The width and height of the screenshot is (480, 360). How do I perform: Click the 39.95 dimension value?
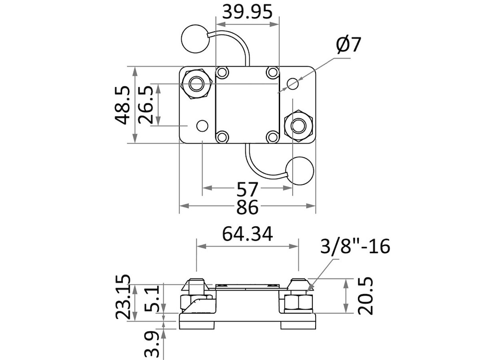click(x=247, y=12)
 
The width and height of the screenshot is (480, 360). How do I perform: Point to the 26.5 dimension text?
click(x=146, y=105)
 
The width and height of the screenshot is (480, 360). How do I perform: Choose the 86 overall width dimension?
click(x=248, y=207)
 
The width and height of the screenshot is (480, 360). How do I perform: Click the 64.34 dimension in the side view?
click(x=248, y=234)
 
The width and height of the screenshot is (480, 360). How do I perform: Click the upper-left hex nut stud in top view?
click(x=196, y=83)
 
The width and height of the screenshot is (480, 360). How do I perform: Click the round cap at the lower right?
click(x=301, y=171)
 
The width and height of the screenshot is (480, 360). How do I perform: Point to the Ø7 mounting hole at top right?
click(x=293, y=84)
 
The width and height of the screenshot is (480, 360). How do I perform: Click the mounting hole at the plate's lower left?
click(x=202, y=126)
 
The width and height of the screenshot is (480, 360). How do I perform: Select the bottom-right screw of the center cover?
click(x=272, y=137)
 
